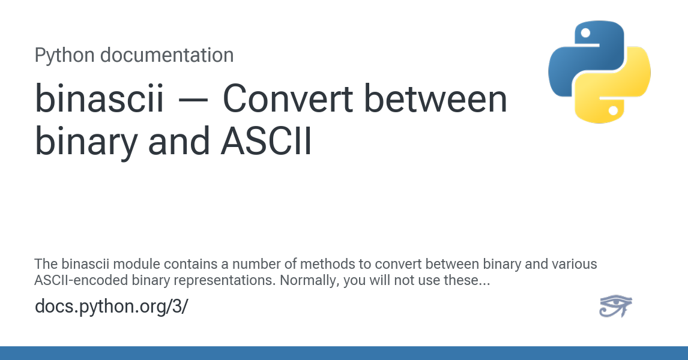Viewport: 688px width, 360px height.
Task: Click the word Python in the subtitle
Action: click(64, 55)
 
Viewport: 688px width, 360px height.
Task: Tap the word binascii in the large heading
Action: click(99, 100)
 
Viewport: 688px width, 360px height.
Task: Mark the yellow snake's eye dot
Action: click(613, 110)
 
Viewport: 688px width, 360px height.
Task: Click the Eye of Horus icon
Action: click(615, 305)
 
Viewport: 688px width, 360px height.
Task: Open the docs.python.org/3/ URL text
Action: click(111, 307)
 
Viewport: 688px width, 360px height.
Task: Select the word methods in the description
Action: click(341, 265)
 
